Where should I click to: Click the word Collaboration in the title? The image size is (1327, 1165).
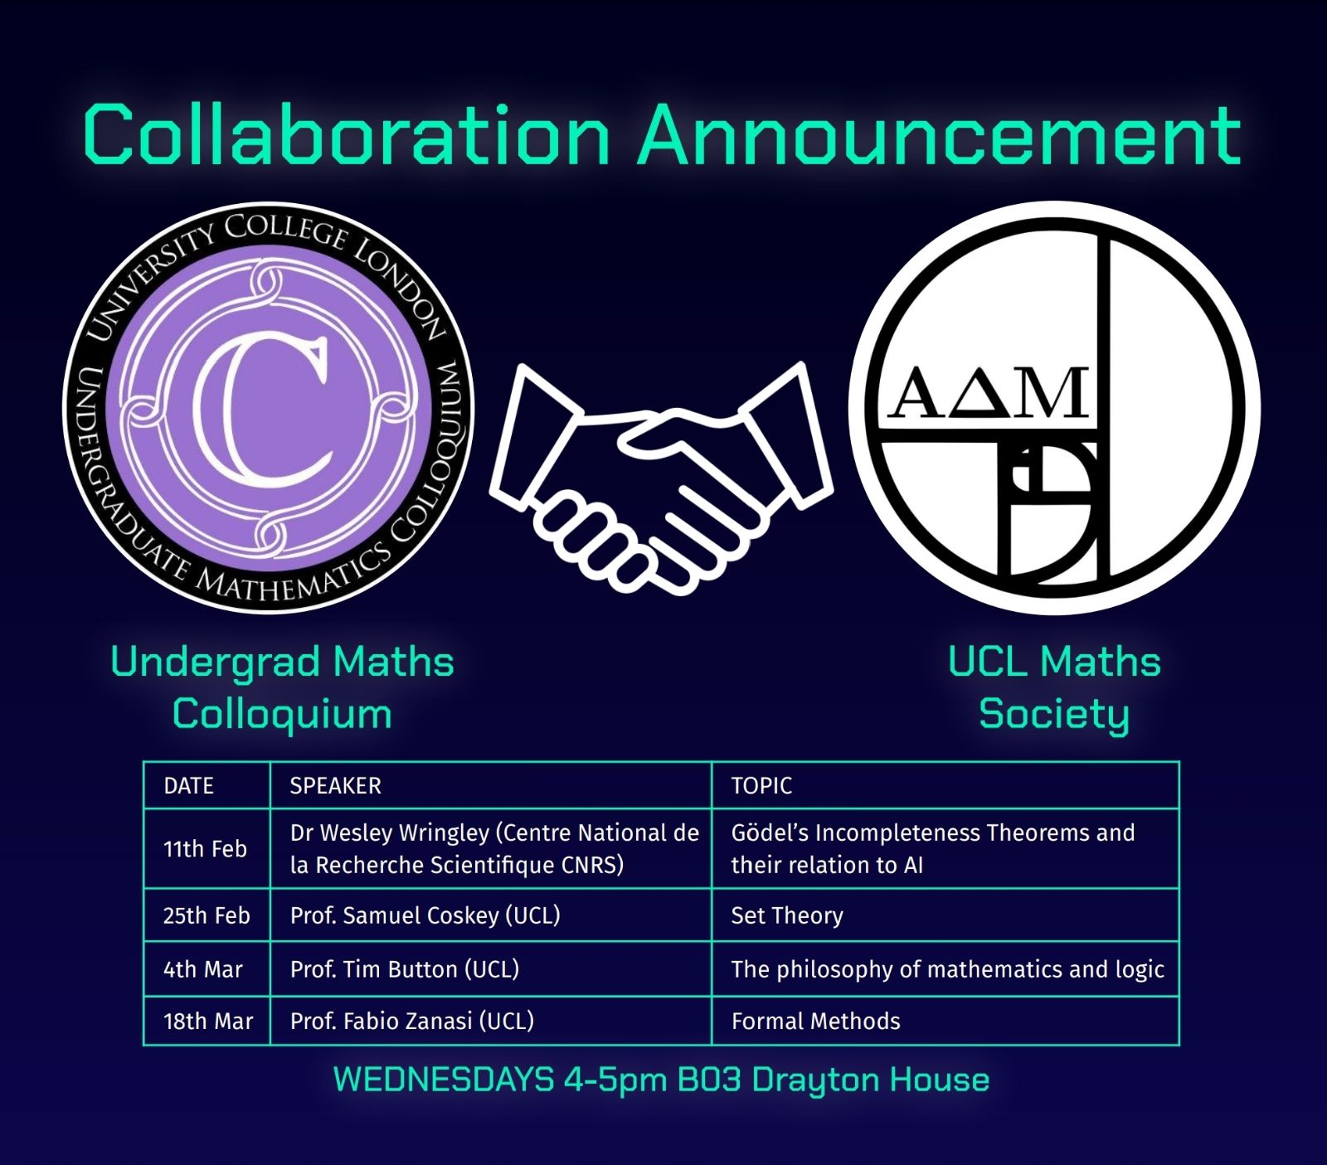click(348, 134)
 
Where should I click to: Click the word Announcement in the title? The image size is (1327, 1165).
click(940, 134)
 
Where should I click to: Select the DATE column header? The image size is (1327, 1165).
click(189, 786)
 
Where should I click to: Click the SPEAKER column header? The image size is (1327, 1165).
click(335, 786)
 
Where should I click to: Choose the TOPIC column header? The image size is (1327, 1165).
click(761, 786)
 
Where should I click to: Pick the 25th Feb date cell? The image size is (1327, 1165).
click(207, 915)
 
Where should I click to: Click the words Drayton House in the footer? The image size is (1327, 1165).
click(871, 1080)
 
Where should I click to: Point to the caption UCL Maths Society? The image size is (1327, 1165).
click(1054, 688)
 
